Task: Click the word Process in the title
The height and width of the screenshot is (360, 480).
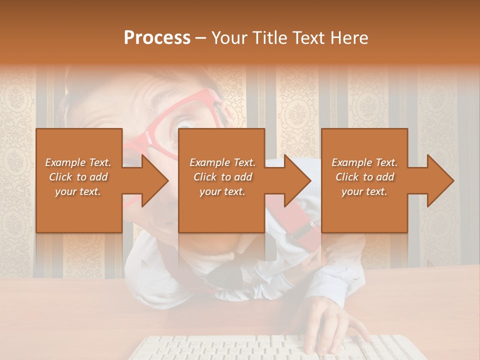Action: click(157, 38)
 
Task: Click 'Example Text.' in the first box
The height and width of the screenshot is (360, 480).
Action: click(78, 162)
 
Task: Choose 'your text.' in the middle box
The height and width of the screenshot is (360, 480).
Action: click(222, 191)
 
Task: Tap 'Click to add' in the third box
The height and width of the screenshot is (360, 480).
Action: click(364, 177)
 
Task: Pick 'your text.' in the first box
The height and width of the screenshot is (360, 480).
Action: click(78, 191)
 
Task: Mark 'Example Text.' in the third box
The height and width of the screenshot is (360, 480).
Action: click(364, 162)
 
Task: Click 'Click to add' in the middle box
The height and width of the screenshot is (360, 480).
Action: click(222, 177)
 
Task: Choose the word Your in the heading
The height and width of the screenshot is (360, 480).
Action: click(230, 38)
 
